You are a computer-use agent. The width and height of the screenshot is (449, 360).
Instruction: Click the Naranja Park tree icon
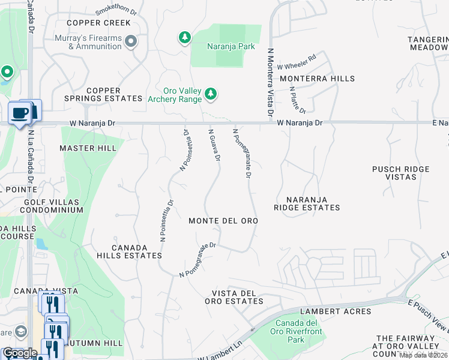click(185, 38)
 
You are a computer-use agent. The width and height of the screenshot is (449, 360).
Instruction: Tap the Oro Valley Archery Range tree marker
click(210, 94)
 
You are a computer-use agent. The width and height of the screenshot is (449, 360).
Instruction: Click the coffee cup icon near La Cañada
click(20, 113)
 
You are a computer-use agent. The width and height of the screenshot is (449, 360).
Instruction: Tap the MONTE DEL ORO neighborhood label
click(223, 221)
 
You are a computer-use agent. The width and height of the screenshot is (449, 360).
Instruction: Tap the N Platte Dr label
click(298, 100)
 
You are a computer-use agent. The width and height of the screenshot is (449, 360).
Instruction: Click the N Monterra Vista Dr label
click(270, 83)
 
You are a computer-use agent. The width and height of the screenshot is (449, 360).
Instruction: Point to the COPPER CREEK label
click(98, 23)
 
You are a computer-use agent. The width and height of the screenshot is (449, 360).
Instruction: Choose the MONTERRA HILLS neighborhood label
click(317, 79)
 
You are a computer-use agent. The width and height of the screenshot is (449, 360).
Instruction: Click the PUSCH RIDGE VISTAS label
click(401, 173)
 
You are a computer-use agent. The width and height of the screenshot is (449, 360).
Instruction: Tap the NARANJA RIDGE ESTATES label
click(307, 203)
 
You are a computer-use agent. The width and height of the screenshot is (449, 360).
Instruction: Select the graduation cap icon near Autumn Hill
click(20, 331)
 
